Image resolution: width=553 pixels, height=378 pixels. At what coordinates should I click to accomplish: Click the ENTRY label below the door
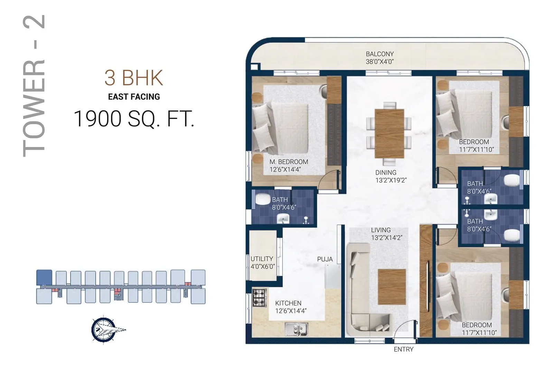point(403,349)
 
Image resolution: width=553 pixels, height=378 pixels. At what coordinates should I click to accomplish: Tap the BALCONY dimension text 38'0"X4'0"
point(379,62)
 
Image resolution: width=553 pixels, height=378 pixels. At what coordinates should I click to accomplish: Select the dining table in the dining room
point(389,133)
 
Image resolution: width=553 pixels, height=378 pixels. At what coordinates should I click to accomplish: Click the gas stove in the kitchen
point(259,298)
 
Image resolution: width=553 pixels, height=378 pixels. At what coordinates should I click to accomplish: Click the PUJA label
point(325,259)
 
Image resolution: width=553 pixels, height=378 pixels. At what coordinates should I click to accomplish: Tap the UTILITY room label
point(262,259)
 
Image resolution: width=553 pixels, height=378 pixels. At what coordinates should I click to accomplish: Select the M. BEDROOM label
point(289,162)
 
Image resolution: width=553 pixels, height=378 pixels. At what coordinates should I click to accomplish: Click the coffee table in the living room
point(392,287)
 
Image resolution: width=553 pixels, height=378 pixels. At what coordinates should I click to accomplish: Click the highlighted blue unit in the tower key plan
point(44,278)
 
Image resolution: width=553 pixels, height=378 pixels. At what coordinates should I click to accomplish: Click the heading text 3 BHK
point(134,78)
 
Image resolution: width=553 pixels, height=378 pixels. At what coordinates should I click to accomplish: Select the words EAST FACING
point(134,97)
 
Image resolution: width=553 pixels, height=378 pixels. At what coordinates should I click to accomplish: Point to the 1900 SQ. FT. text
point(134,119)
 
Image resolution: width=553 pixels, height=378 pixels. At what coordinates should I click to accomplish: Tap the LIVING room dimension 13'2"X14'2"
point(386,238)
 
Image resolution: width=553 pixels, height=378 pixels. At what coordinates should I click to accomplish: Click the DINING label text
point(386,172)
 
